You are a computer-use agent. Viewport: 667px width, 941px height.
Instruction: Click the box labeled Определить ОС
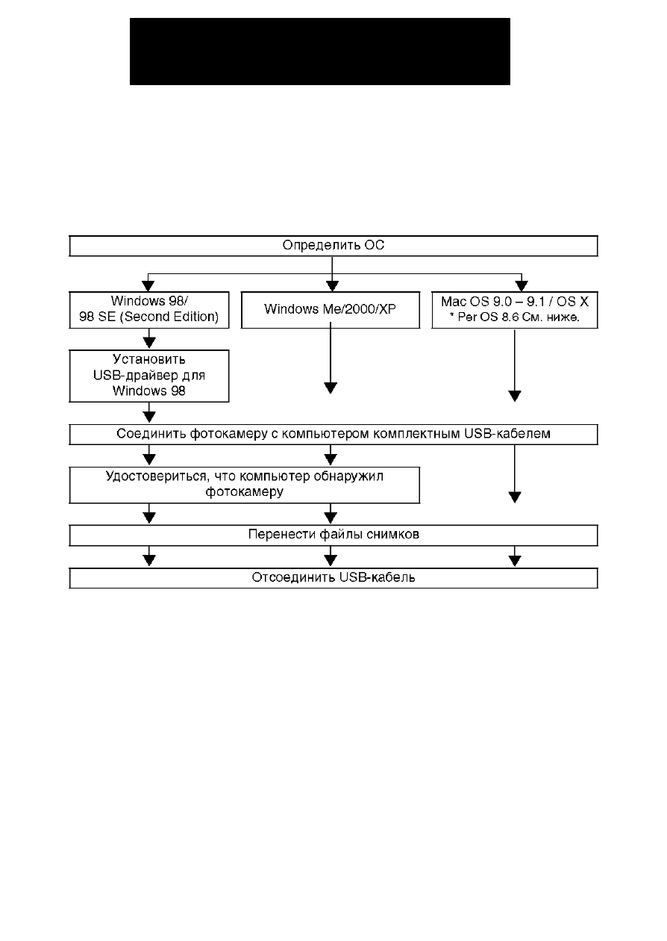coord(333,246)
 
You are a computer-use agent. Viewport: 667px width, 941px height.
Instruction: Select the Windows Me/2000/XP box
coord(331,310)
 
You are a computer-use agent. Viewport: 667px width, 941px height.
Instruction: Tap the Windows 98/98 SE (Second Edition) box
coord(149,310)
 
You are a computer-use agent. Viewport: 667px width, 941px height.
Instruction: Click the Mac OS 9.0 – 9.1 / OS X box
coord(515,310)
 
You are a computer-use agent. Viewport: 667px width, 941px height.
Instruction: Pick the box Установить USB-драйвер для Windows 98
coord(149,376)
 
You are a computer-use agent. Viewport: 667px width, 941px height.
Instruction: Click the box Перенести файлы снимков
coord(333,535)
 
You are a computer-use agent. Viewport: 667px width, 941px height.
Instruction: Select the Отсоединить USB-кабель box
coord(333,579)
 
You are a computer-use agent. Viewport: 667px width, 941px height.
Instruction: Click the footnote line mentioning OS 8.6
coord(515,317)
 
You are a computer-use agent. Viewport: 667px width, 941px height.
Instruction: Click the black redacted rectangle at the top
coord(320,52)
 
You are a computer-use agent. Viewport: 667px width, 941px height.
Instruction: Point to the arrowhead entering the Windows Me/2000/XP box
coord(332,287)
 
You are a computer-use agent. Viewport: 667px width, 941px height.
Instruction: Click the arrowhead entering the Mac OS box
coord(522,287)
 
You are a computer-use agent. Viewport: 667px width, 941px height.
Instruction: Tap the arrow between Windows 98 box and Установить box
coord(149,339)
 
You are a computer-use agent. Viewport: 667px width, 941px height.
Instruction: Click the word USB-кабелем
coord(507,433)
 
